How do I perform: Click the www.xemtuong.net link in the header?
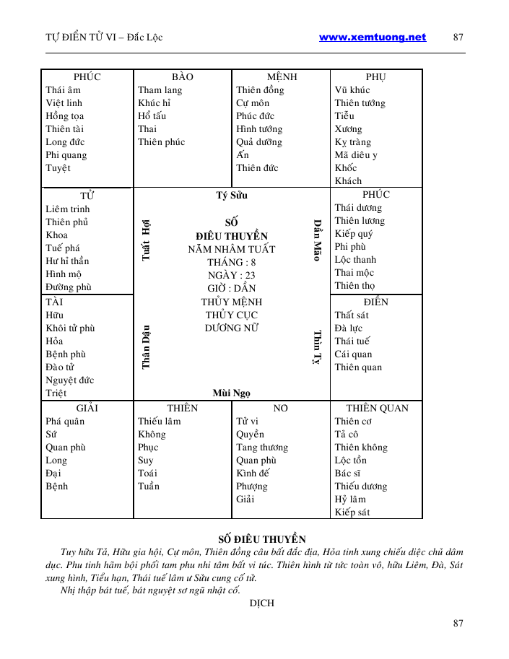click(x=372, y=38)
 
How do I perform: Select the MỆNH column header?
click(x=282, y=77)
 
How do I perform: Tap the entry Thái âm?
click(x=64, y=90)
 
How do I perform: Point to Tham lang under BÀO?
click(x=160, y=90)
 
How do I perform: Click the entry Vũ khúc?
click(x=352, y=90)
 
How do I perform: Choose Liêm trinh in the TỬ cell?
click(x=68, y=209)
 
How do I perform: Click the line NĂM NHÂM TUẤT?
click(x=231, y=250)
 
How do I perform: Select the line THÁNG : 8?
click(x=231, y=263)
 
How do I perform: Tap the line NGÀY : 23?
click(x=231, y=276)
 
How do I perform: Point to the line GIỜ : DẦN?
click(x=231, y=289)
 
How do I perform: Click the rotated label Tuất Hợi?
click(x=146, y=239)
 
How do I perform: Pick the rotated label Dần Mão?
click(x=316, y=240)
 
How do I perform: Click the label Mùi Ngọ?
click(x=231, y=393)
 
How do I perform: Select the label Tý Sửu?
click(x=232, y=196)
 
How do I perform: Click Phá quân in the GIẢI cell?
click(x=65, y=422)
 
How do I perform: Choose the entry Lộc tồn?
click(x=351, y=461)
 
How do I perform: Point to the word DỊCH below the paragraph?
click(x=261, y=603)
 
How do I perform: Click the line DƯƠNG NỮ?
click(x=231, y=328)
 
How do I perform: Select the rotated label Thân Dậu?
click(x=146, y=346)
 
